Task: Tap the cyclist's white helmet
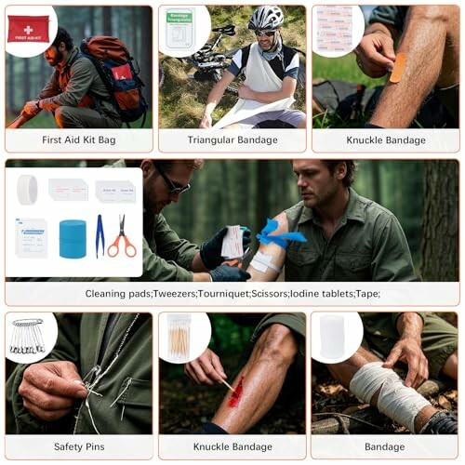point(266,17)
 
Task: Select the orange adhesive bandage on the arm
point(398,68)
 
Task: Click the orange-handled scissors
point(121,237)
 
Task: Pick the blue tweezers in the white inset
point(100,235)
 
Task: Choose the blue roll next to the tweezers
point(73,238)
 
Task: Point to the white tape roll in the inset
point(28,189)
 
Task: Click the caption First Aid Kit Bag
point(78,139)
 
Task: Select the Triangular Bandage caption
point(232,139)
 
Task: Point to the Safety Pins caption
point(78,446)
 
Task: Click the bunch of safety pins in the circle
point(28,338)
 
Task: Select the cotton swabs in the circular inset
point(180,337)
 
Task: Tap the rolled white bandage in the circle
point(333,337)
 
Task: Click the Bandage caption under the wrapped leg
point(385,446)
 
